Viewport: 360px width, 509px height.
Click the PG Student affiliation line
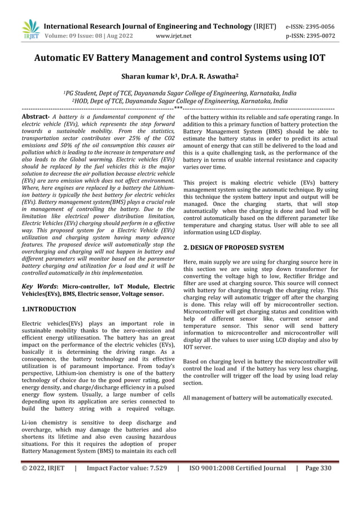click(179, 93)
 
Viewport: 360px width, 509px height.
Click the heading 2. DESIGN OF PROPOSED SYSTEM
click(234, 247)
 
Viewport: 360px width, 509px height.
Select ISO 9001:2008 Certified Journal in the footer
click(238, 468)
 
